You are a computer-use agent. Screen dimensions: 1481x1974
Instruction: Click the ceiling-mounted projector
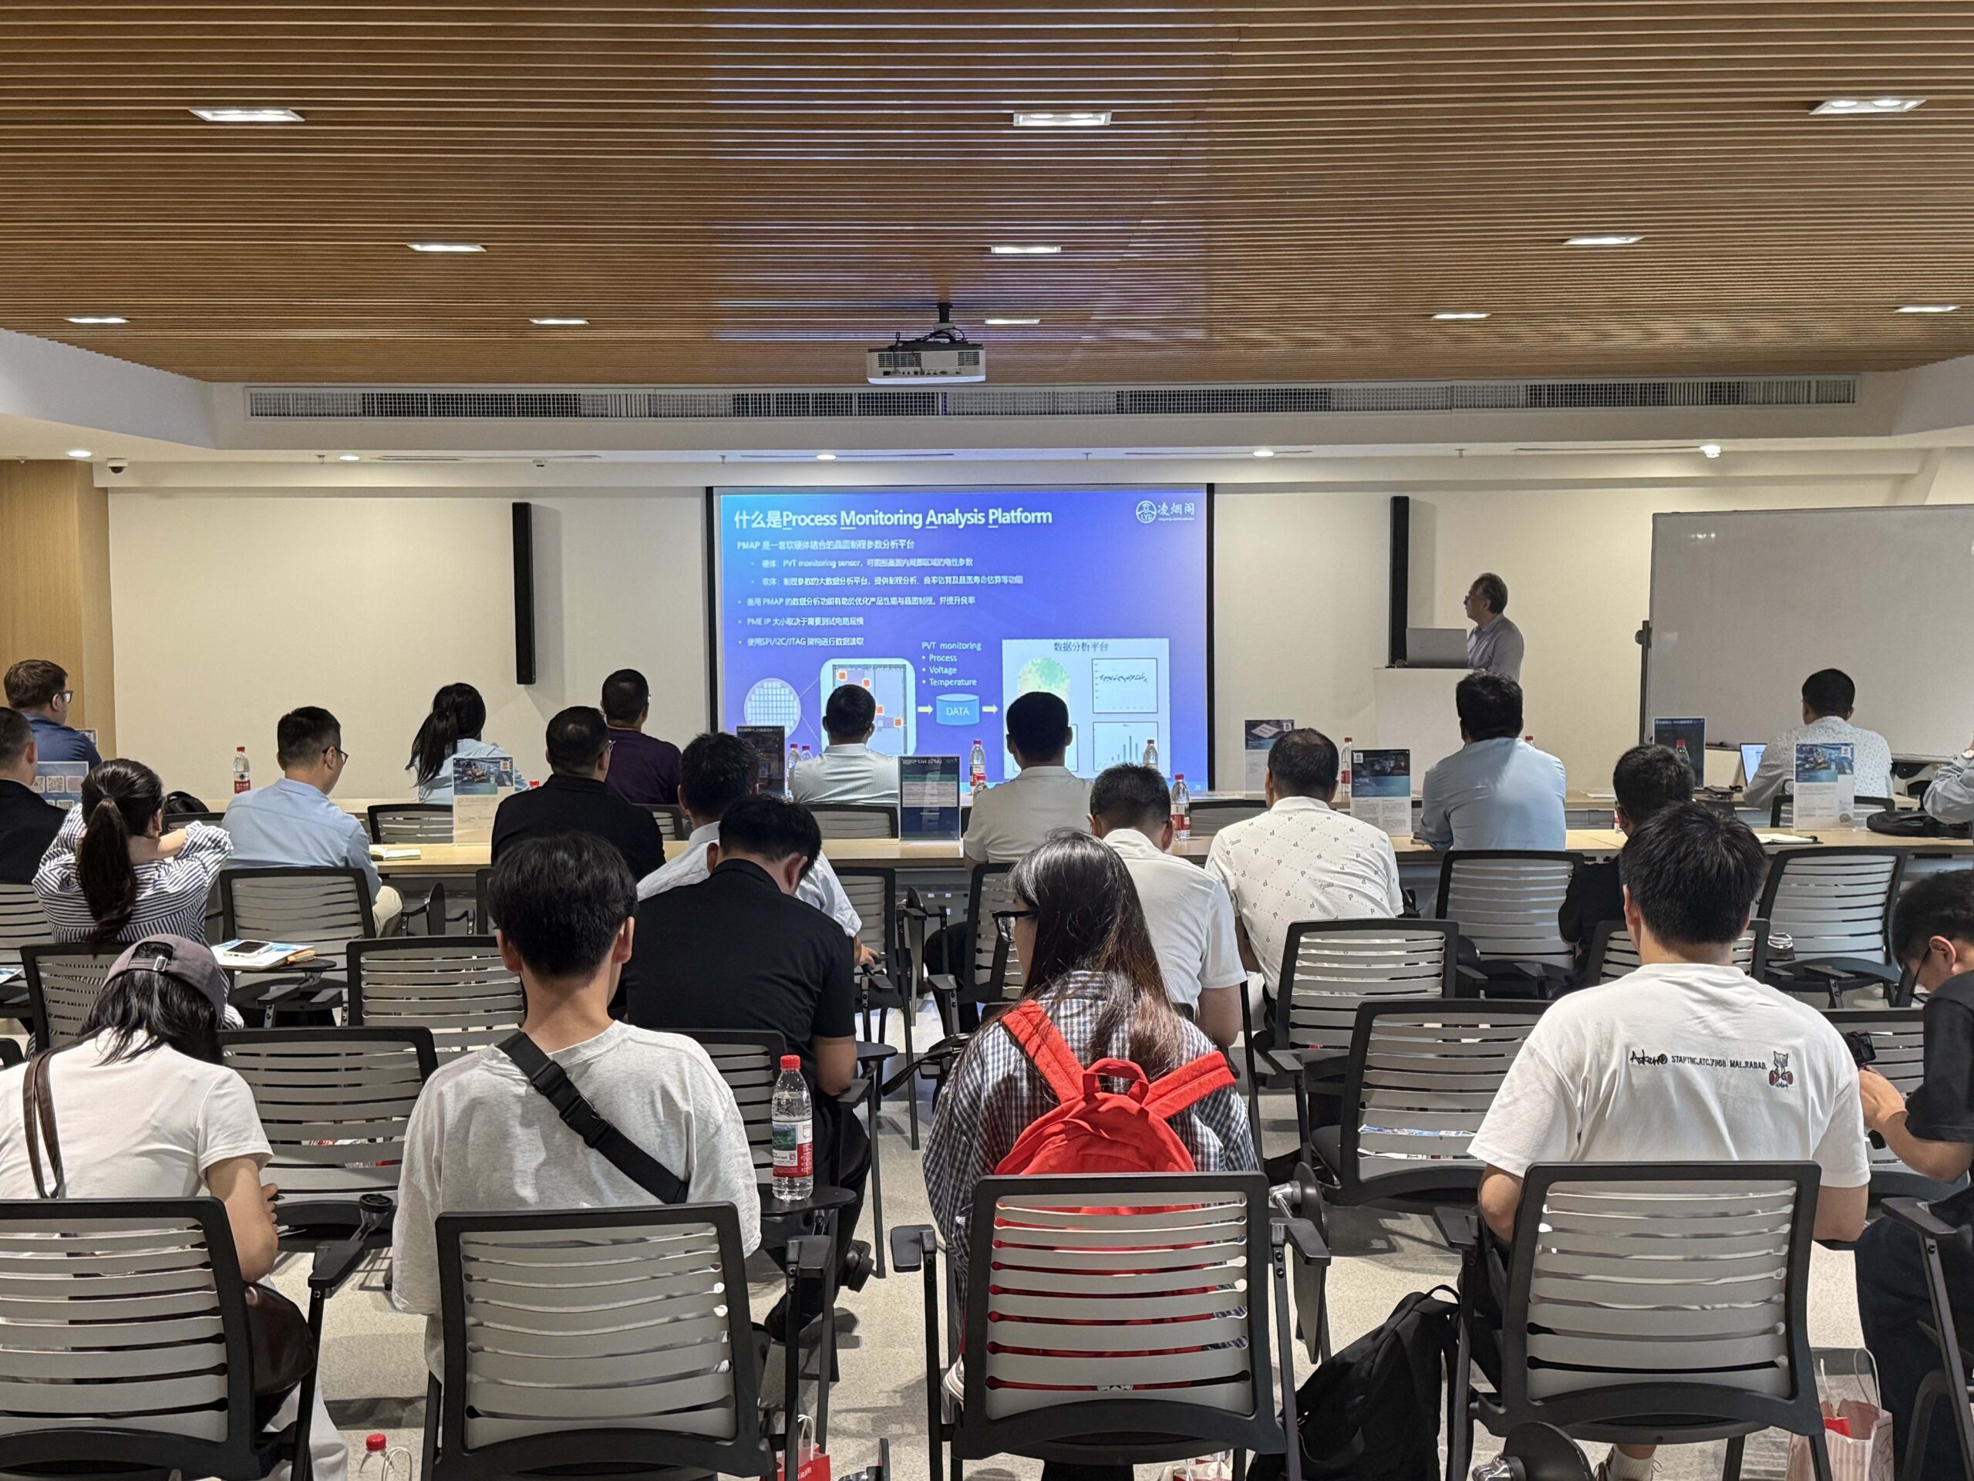pyautogui.click(x=925, y=361)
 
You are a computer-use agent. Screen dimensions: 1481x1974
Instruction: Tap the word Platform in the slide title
pyautogui.click(x=1019, y=517)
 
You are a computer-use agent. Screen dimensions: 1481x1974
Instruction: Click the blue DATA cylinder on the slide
pyautogui.click(x=957, y=711)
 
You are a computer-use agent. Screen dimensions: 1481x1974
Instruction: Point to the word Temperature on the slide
pyautogui.click(x=952, y=682)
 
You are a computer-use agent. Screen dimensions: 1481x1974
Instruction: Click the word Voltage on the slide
pyautogui.click(x=942, y=670)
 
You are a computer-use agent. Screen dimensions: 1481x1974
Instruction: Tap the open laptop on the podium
pyautogui.click(x=1436, y=646)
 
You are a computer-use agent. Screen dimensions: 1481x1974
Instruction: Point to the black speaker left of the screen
pyautogui.click(x=523, y=594)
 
